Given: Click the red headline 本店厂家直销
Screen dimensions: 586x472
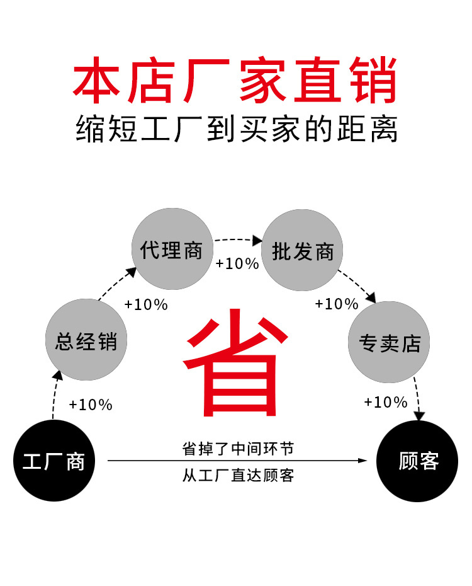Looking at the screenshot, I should click(235, 81).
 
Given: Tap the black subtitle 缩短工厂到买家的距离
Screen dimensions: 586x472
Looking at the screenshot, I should click(235, 129).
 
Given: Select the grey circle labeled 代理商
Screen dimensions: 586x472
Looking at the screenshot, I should click(172, 250).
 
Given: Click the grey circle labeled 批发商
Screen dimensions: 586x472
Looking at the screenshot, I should click(302, 251).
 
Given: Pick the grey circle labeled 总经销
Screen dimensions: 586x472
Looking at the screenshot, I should click(86, 341).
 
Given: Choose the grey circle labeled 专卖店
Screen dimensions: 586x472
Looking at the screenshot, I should click(389, 342).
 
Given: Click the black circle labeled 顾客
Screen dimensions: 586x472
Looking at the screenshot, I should click(417, 461).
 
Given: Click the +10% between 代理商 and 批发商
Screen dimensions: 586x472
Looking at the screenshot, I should click(237, 264).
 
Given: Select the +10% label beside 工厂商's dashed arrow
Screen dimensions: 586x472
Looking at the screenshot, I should click(91, 405).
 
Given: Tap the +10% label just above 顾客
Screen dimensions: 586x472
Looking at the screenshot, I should click(385, 402).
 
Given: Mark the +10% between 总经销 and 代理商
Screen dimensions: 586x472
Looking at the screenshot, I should click(146, 304).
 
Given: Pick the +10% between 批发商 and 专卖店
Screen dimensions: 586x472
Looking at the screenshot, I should click(337, 304).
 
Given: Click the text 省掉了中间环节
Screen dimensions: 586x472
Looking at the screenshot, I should click(238, 449).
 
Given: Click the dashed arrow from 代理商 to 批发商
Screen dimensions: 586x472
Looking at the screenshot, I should click(238, 239).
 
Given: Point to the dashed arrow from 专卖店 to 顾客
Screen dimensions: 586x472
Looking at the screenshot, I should click(417, 397).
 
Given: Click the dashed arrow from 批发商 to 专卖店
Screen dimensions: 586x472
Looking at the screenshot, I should click(357, 285).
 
